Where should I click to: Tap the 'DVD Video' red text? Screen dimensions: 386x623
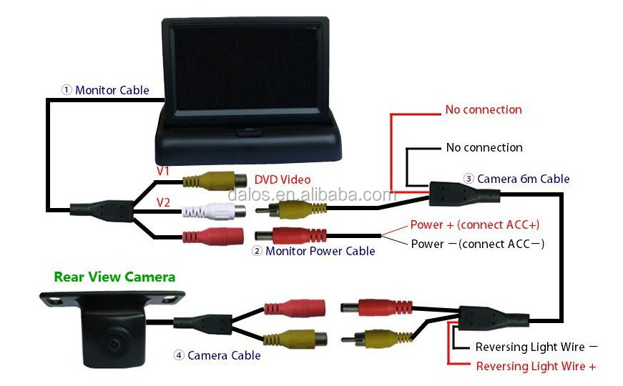tap(283, 179)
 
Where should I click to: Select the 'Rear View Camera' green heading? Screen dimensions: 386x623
tap(114, 277)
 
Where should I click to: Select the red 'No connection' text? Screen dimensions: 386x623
tap(484, 109)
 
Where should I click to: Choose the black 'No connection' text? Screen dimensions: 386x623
tap(484, 147)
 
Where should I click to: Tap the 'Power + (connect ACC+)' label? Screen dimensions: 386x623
tap(475, 224)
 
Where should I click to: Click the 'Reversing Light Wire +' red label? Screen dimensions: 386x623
tap(536, 366)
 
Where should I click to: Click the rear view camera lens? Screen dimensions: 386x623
tap(113, 345)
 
